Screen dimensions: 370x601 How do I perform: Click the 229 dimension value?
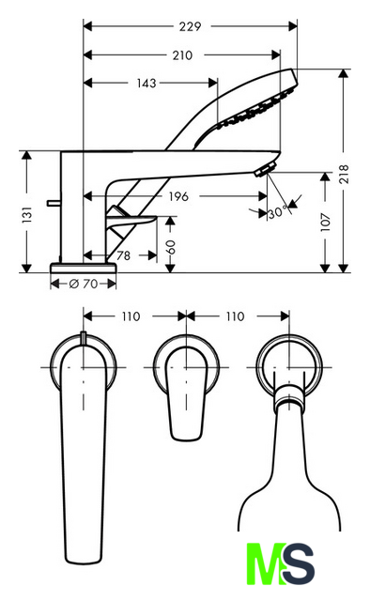[191, 26]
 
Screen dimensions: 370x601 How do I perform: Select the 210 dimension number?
[182, 55]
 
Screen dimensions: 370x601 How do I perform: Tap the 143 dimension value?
[146, 83]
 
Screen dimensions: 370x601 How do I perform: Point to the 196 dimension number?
[178, 196]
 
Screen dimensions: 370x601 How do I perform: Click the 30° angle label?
[278, 212]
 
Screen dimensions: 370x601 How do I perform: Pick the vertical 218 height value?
[344, 174]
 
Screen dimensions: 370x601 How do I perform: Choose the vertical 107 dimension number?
[326, 222]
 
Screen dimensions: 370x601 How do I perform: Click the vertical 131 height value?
[27, 215]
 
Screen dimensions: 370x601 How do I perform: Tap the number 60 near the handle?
[170, 247]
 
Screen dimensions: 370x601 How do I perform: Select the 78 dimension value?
[123, 255]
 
